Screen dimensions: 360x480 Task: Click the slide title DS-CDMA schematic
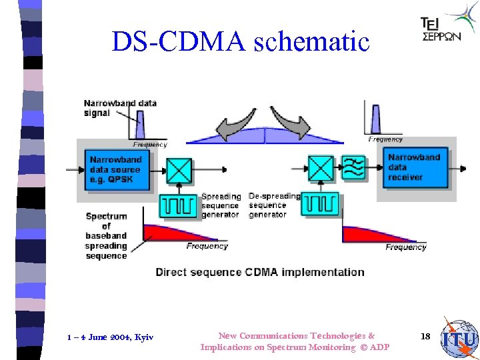240,41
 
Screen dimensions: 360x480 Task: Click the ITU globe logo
460,338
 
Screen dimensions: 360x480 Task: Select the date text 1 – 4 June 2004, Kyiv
110,337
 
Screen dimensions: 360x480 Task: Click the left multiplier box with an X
179,170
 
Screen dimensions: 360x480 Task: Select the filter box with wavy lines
353,167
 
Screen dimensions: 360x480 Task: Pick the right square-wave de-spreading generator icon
321,203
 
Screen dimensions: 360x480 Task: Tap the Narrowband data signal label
120,108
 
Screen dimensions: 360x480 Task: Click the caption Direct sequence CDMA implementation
260,272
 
